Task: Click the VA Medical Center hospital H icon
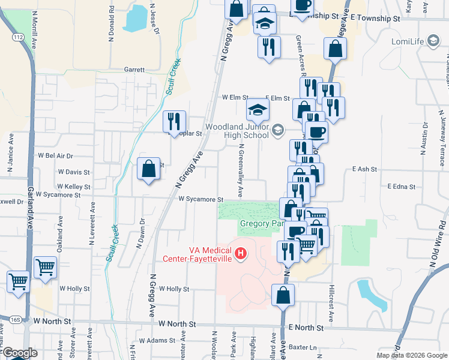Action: (241, 254)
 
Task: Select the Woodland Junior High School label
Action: (237, 131)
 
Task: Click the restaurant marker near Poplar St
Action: (175, 121)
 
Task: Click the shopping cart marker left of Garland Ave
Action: (18, 281)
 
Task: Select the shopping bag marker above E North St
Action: (283, 295)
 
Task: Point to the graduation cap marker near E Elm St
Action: (258, 109)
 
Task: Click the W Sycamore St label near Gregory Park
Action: (200, 199)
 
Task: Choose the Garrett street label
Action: (134, 70)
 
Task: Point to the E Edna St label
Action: (402, 187)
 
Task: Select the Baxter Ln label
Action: (302, 347)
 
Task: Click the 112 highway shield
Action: (19, 37)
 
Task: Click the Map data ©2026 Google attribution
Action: (411, 355)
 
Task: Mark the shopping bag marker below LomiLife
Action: (334, 50)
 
